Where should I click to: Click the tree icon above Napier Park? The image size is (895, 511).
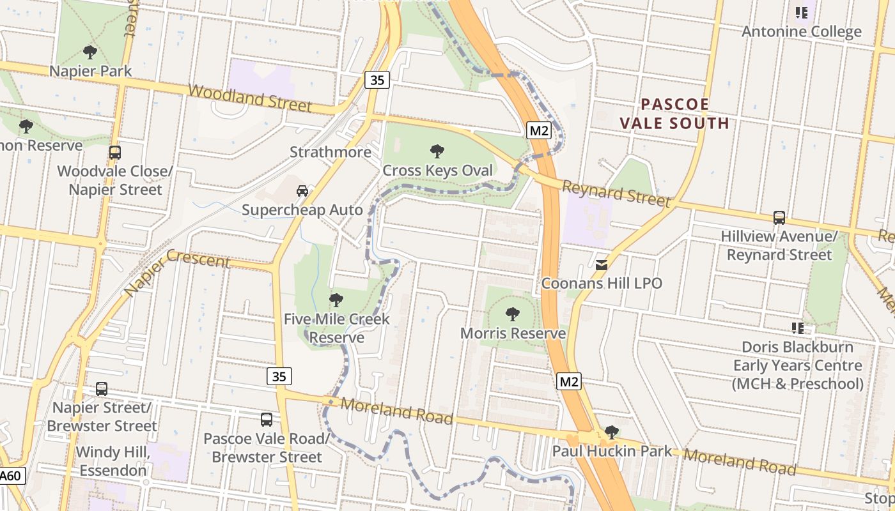click(x=90, y=52)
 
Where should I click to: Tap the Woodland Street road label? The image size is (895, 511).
click(x=249, y=98)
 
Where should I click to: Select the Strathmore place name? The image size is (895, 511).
click(x=330, y=152)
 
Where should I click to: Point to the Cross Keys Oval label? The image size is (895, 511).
click(x=437, y=171)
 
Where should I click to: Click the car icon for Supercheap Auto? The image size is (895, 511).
click(x=302, y=190)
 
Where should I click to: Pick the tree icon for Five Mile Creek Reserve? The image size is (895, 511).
click(x=336, y=300)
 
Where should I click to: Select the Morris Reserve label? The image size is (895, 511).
click(x=513, y=333)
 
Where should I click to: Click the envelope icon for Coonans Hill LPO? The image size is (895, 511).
click(x=602, y=264)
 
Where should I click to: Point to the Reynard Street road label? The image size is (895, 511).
click(x=616, y=193)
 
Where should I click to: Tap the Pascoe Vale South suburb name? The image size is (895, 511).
click(x=675, y=114)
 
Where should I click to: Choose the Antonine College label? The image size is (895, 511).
click(x=801, y=31)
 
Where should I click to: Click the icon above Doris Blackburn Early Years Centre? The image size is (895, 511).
click(x=798, y=328)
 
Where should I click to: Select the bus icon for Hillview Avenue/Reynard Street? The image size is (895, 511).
click(x=779, y=218)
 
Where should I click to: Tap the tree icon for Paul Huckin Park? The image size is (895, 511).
click(x=612, y=432)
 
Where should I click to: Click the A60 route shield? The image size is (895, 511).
click(x=12, y=476)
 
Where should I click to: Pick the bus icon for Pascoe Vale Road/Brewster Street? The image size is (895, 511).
click(x=267, y=420)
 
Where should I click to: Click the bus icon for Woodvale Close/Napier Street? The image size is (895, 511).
click(x=115, y=153)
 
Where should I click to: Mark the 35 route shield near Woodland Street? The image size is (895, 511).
click(x=377, y=80)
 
